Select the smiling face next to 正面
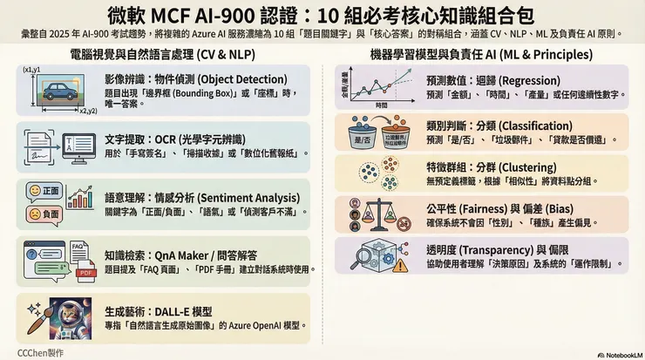coord(36,190)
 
